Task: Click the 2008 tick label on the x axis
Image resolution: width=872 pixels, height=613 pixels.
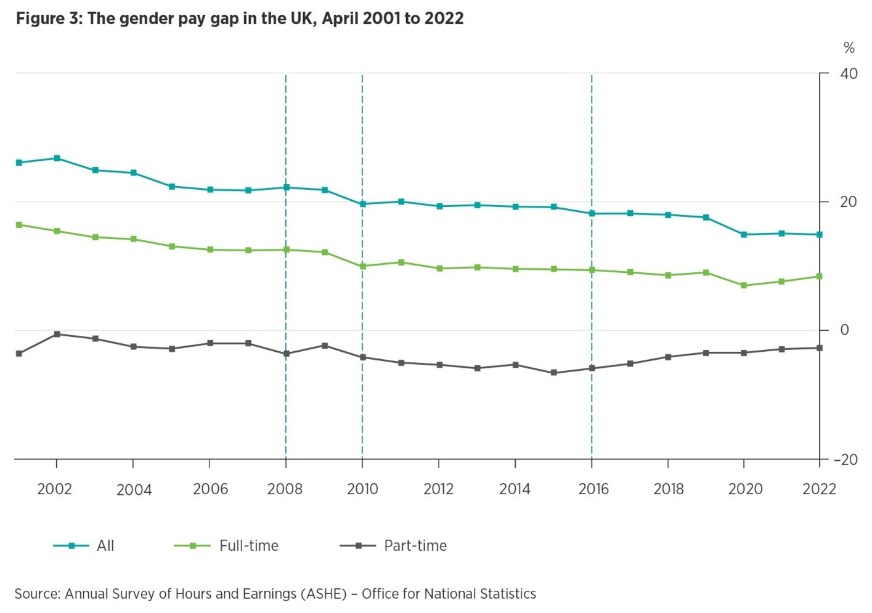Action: [285, 489]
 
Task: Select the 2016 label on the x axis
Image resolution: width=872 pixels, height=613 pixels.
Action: [593, 489]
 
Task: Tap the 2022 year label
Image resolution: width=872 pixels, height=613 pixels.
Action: [819, 489]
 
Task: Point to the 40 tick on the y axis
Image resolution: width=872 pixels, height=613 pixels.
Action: [849, 73]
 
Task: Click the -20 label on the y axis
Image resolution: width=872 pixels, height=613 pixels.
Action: [846, 460]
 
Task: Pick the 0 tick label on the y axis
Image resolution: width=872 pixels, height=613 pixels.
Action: [844, 330]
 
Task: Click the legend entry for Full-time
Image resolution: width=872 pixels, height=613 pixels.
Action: [248, 546]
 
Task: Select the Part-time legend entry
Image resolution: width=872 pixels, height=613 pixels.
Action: [415, 546]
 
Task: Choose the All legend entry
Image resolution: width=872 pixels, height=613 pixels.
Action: [105, 546]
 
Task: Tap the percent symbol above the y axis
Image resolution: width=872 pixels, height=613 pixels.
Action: [849, 48]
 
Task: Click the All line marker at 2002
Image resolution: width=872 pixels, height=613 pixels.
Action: [57, 158]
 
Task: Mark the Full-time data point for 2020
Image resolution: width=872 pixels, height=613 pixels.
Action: [744, 286]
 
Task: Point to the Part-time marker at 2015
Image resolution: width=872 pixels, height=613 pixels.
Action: [553, 373]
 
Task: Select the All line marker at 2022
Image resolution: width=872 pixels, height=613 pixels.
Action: [819, 235]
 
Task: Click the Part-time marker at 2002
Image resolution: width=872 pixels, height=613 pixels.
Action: [57, 334]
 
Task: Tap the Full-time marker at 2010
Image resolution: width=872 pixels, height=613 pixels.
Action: [362, 266]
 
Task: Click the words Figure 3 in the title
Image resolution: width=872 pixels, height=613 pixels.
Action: [47, 18]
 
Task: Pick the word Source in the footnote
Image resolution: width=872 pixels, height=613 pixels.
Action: [36, 594]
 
